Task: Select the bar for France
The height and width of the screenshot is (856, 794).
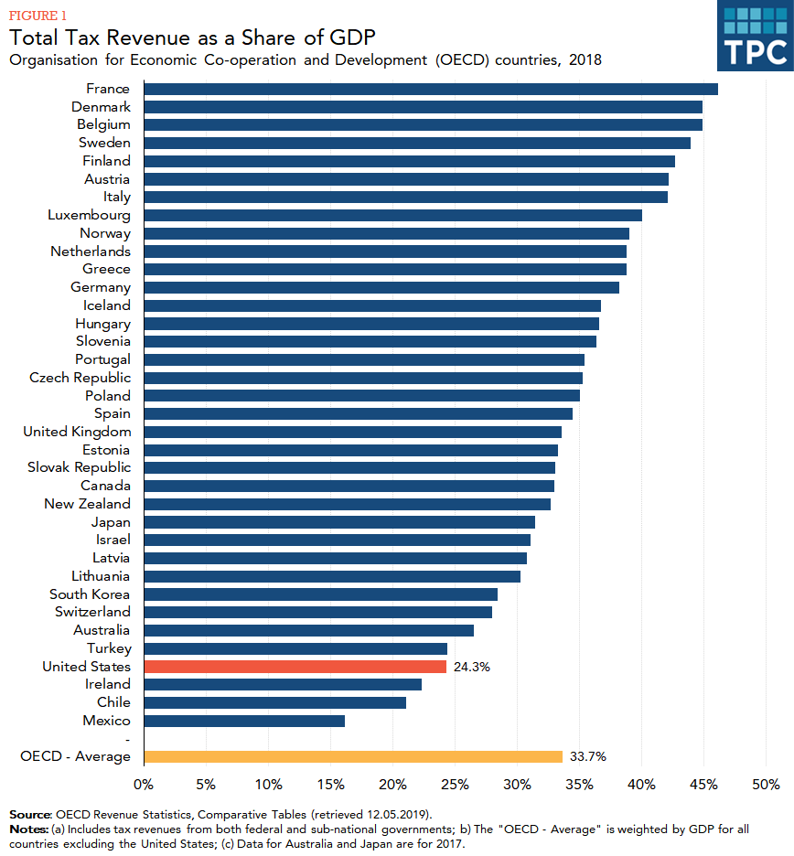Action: coord(430,89)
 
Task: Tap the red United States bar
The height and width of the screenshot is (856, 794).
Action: coord(295,667)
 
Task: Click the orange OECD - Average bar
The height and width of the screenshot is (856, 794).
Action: coord(353,756)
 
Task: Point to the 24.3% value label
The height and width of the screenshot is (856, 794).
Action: coord(471,667)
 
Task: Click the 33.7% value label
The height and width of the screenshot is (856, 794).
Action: coord(587,756)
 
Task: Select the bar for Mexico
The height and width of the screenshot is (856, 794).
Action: coord(244,721)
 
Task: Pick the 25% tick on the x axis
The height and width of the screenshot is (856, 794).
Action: coord(455,785)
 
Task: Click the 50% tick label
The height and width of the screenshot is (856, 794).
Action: coord(765,785)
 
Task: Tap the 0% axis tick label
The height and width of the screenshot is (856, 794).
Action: coord(144,785)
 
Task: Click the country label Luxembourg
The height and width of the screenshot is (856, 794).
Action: coord(89,215)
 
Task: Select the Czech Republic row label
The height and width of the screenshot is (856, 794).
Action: coord(80,378)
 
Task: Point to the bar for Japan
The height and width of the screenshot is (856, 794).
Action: coord(339,522)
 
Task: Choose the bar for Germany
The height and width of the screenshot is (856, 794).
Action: coord(381,287)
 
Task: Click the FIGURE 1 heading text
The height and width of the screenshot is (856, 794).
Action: coord(38,16)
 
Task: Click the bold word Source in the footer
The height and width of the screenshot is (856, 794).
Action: coord(30,814)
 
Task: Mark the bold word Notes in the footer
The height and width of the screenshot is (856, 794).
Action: coord(27,829)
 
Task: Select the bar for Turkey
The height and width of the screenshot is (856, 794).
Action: coord(295,648)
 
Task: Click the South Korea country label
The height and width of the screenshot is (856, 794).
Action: coord(90,594)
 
